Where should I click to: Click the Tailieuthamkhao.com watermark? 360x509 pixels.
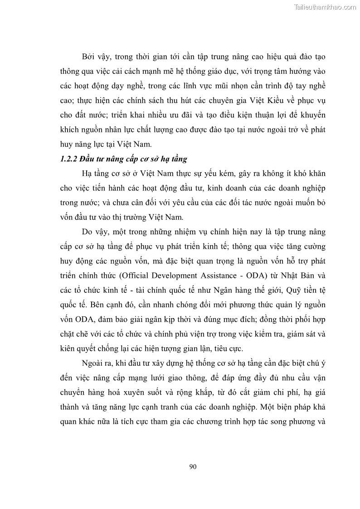tap(326, 7)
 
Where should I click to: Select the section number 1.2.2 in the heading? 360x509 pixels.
tap(68, 160)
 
